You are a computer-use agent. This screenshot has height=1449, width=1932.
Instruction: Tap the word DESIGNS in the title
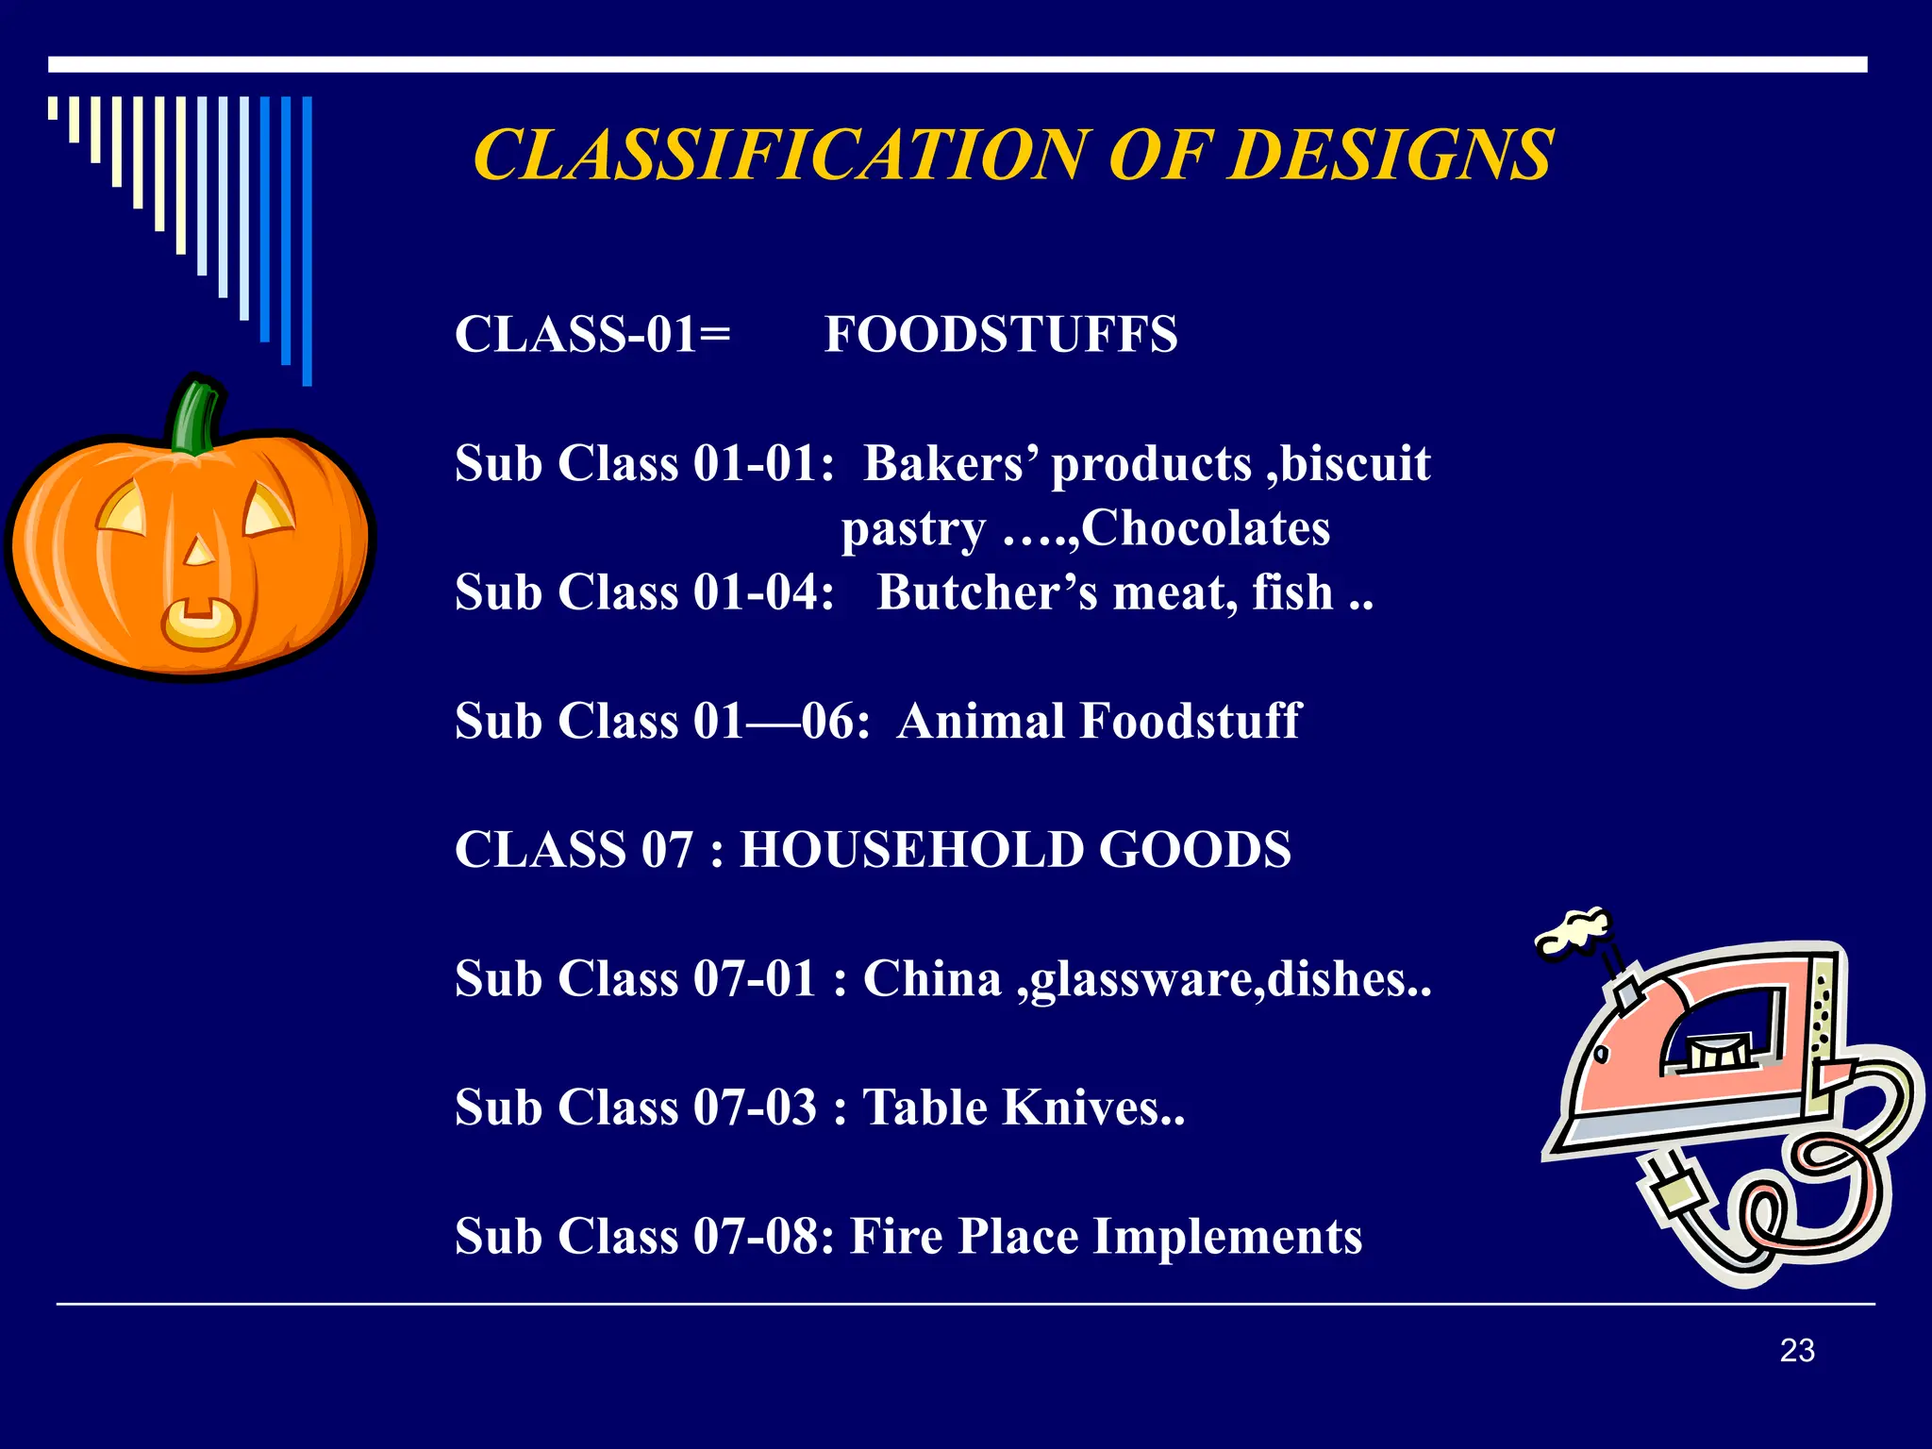click(x=1391, y=155)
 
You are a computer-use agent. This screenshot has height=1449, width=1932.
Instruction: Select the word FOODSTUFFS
click(x=1001, y=335)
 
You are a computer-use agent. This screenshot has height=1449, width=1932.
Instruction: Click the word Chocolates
click(x=1206, y=528)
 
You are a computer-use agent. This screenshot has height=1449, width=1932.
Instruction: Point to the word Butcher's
click(x=987, y=592)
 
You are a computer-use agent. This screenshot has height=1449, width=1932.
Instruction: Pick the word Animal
click(x=980, y=722)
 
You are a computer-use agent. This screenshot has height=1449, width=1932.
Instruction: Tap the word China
click(x=932, y=978)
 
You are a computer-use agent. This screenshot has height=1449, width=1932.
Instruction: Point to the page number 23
click(x=1797, y=1351)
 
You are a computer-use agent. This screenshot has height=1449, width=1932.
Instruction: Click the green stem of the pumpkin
click(x=197, y=416)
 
